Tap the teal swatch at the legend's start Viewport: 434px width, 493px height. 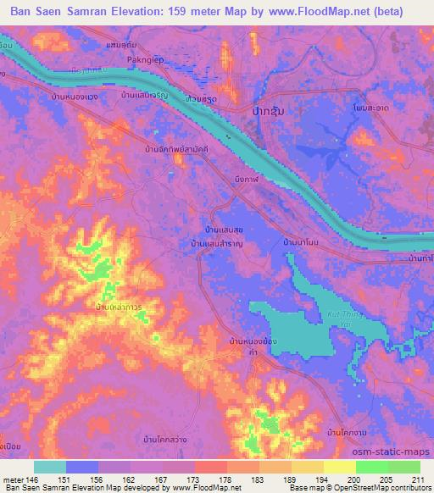click(50, 467)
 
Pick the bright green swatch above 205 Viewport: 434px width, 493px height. click(372, 467)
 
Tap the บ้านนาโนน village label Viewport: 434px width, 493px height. click(301, 243)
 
